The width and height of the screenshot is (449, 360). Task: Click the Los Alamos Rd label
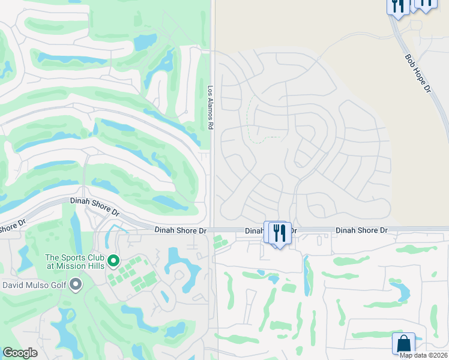[x=211, y=109]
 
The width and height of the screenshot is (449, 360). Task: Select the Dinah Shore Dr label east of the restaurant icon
[x=361, y=230]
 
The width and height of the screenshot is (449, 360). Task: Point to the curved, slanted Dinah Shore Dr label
[x=95, y=207]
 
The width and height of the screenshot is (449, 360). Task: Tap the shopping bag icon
[x=404, y=344]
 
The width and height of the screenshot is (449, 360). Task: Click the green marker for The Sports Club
[x=113, y=262]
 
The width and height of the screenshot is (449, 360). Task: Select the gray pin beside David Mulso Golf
[x=75, y=284]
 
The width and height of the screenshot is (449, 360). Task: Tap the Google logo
[x=20, y=353]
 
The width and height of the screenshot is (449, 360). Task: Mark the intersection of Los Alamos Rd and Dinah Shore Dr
[x=212, y=229]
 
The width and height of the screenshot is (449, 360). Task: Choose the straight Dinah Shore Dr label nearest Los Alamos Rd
[x=180, y=230]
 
